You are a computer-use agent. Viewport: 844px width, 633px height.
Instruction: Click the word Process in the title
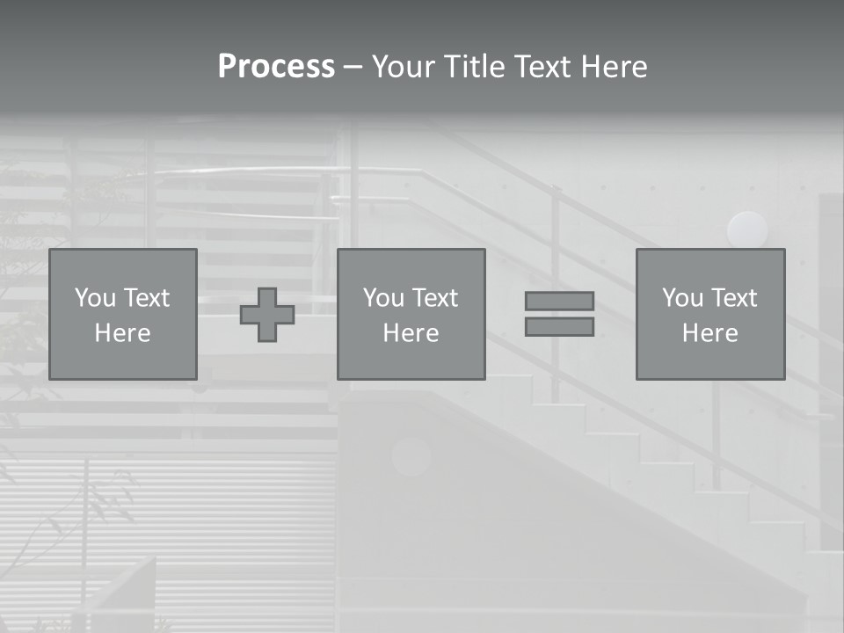(x=276, y=67)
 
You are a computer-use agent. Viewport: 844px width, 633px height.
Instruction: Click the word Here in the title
(x=615, y=67)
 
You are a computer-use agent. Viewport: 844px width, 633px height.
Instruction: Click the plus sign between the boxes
(x=267, y=315)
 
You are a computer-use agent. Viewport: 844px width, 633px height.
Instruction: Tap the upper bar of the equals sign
(x=559, y=301)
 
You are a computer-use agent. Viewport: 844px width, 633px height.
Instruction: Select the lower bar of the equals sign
(x=559, y=327)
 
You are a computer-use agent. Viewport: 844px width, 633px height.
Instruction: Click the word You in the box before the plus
(x=95, y=298)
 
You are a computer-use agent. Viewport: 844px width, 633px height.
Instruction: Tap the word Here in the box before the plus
(x=123, y=333)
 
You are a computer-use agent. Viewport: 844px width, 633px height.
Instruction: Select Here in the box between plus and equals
(x=411, y=333)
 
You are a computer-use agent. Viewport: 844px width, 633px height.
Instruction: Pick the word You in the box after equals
(x=682, y=298)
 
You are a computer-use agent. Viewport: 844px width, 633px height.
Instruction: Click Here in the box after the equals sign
(x=710, y=333)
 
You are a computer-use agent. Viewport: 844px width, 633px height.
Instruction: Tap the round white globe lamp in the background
(x=747, y=229)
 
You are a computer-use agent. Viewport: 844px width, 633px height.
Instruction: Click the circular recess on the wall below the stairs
(x=411, y=455)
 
